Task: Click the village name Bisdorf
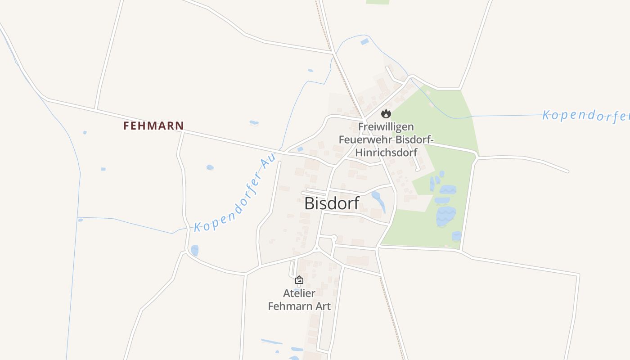coord(332,203)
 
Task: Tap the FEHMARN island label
coord(153,126)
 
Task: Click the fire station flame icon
coord(386,113)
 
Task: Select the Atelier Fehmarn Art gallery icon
coord(299,280)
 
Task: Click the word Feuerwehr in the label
coord(364,139)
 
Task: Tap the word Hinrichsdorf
coord(386,152)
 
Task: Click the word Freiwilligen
coord(386,127)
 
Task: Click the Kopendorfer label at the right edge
coord(585,116)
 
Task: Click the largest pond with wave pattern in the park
coord(445,216)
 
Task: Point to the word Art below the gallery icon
coord(323,306)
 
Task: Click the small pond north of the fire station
coord(364,42)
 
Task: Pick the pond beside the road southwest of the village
coord(194,250)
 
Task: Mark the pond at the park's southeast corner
coord(456,236)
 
